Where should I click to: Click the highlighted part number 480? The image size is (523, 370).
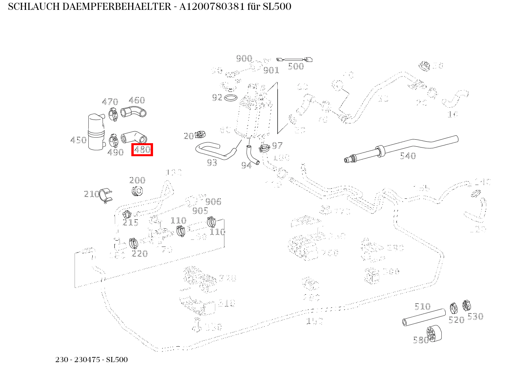click(x=142, y=150)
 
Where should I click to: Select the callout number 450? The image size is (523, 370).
click(x=78, y=140)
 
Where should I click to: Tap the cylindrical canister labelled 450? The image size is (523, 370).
click(x=95, y=132)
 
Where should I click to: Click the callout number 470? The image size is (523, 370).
click(x=110, y=102)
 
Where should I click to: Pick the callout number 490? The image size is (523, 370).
click(x=115, y=152)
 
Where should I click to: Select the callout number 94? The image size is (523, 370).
click(x=246, y=166)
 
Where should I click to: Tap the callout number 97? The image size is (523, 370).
click(x=277, y=146)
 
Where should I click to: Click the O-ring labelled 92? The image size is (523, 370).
click(x=230, y=97)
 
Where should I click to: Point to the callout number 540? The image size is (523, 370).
click(x=407, y=156)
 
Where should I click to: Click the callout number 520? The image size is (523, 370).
click(x=456, y=320)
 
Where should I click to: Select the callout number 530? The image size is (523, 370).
click(x=475, y=316)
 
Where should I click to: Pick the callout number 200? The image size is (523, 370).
click(x=137, y=180)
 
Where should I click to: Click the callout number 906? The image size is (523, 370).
click(x=213, y=202)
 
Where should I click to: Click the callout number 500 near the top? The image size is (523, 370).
click(x=295, y=66)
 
